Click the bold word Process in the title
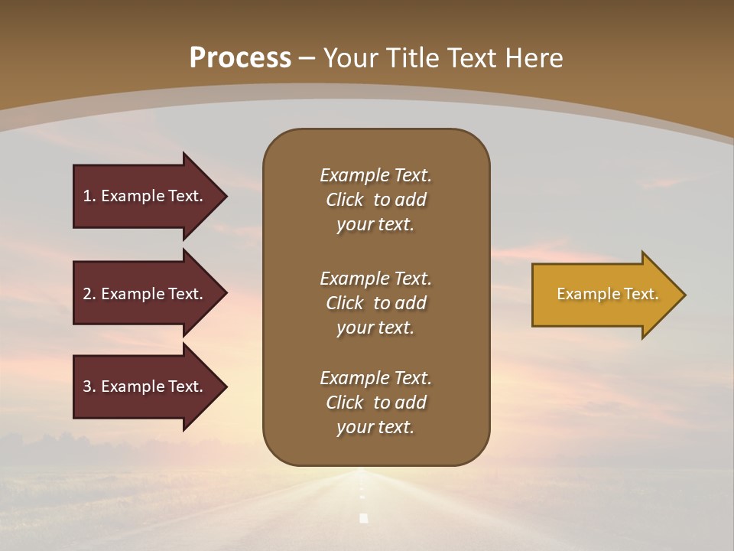coord(240,58)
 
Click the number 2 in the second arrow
coord(87,294)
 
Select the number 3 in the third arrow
coord(87,386)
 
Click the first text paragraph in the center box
coord(375,200)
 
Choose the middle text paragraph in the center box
coord(375,303)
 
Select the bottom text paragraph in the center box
coord(375,403)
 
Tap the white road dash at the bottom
coord(364,518)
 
